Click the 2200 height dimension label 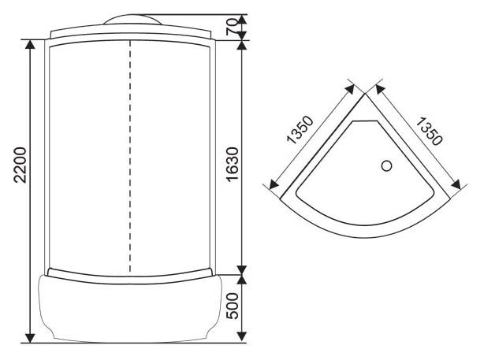pos(20,165)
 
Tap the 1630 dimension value pos(233,165)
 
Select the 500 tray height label pos(233,306)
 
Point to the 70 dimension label pos(232,27)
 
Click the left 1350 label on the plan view pos(300,130)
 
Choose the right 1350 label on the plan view pos(430,132)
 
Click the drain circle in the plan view pos(386,166)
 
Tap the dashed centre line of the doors pos(130,156)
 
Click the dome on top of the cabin pos(132,19)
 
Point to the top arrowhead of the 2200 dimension pos(30,44)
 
